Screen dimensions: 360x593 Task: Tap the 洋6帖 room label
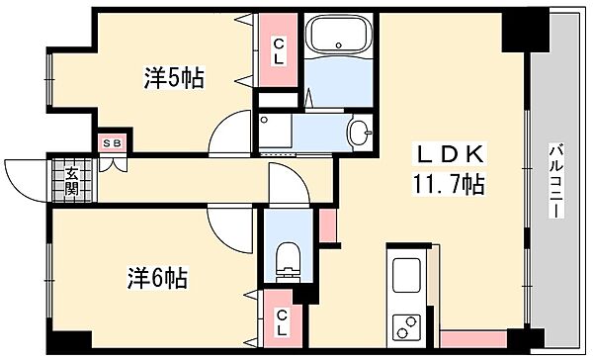pyautogui.click(x=156, y=277)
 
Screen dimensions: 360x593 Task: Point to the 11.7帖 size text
pyautogui.click(x=448, y=184)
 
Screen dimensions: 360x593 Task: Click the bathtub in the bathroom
pyautogui.click(x=339, y=39)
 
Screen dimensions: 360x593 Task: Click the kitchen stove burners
pyautogui.click(x=406, y=323)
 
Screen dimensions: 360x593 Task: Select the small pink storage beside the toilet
pyautogui.click(x=328, y=225)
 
